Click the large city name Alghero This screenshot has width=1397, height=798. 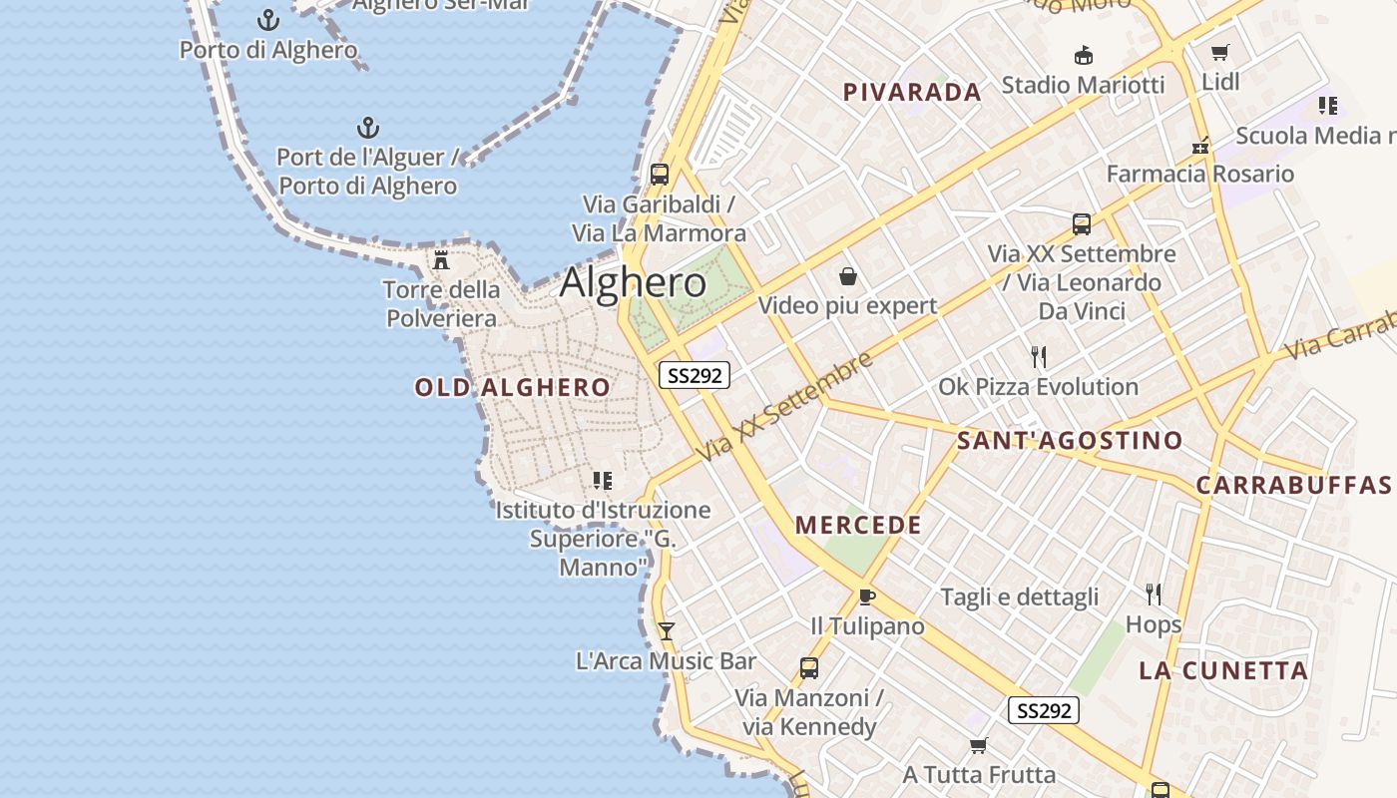(633, 283)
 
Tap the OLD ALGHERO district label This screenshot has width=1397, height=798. (512, 388)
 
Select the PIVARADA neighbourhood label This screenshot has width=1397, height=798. (912, 93)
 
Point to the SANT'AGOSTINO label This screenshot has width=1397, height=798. (1069, 441)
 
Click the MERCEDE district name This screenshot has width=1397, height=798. (858, 526)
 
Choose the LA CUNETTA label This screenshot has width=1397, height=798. (1223, 671)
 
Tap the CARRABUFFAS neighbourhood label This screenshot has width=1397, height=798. (1293, 486)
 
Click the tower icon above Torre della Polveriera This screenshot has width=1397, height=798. (441, 261)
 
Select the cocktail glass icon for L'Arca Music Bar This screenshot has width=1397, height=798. (667, 630)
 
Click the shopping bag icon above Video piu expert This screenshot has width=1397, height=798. (848, 275)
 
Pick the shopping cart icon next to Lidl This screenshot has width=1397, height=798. (1219, 52)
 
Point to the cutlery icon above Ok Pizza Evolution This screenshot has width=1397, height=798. (1039, 356)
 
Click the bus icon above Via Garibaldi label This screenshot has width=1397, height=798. (659, 175)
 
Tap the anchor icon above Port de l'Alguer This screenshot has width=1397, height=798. (368, 128)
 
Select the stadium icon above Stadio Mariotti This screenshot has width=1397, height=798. (1083, 55)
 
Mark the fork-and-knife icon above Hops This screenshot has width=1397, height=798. (1154, 595)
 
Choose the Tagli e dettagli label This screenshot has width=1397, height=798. (1019, 598)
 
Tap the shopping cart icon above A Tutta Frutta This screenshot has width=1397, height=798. (979, 745)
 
